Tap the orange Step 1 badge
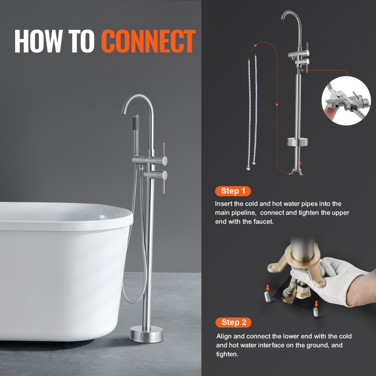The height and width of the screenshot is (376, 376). (x=233, y=191)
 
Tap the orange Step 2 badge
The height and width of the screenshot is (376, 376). (x=233, y=322)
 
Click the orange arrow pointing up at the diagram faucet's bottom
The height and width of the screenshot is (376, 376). (x=300, y=164)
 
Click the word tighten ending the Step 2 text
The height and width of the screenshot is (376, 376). (x=227, y=354)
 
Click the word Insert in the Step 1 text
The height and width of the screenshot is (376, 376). (x=223, y=204)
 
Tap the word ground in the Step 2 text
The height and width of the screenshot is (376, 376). (x=318, y=345)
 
